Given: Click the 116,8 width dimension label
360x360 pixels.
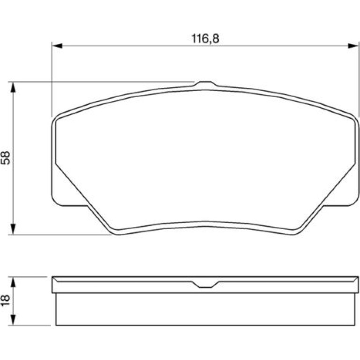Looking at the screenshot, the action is click(x=205, y=38).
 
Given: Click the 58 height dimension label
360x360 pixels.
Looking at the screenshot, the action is click(x=6, y=158).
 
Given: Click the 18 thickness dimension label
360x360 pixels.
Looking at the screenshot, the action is click(x=6, y=301).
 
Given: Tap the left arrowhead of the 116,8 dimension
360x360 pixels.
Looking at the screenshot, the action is click(x=57, y=46).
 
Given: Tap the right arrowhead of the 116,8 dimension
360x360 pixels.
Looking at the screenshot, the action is click(x=353, y=46).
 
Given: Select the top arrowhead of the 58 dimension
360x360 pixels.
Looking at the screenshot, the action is click(x=13, y=87).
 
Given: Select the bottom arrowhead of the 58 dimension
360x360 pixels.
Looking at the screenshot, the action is click(x=13, y=230).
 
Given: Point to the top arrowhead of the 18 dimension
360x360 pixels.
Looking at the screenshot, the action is click(x=13, y=282).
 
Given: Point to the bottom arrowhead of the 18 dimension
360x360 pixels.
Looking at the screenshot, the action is click(x=13, y=320).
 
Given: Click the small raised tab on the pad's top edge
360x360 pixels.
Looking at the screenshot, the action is click(x=205, y=84).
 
